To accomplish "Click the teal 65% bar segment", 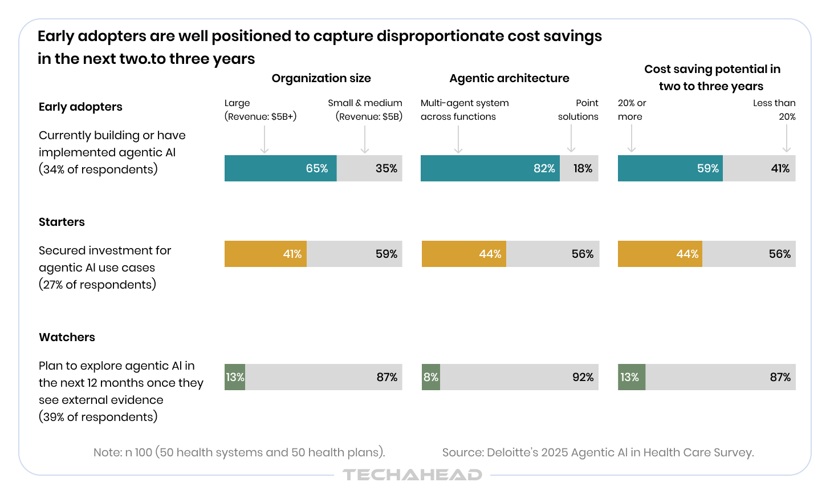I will tap(280, 168).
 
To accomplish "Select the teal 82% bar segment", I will tap(490, 168).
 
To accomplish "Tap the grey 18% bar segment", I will tap(579, 168).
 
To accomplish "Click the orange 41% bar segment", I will tap(266, 254).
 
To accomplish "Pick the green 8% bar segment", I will tap(431, 377).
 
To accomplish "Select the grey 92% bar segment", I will tap(519, 377).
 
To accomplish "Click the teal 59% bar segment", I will tap(670, 168).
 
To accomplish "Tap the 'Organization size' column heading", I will tap(321, 78).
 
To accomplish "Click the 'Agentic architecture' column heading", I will tap(509, 78).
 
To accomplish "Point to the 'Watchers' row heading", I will tap(67, 337).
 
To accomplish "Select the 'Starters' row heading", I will tap(62, 222).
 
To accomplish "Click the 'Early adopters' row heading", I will tap(80, 107).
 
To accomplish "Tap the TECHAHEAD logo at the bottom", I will tap(412, 475).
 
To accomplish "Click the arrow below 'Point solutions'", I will tap(571, 139).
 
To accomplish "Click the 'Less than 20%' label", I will tap(774, 110).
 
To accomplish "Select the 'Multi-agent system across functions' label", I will tap(465, 110).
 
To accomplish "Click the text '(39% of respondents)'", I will tap(98, 417).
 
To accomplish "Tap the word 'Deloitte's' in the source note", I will tap(511, 452).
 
